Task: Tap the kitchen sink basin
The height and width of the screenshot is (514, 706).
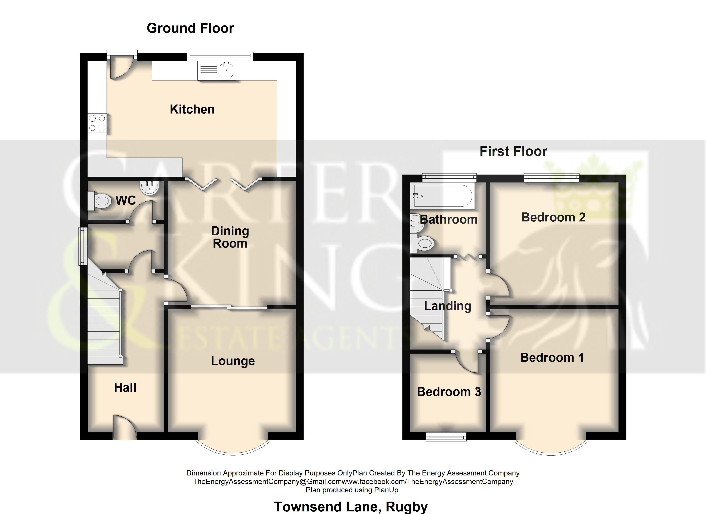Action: pos(226,70)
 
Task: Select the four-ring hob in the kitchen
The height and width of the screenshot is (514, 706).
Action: pos(97,123)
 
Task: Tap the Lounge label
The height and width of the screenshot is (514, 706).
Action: pos(233,361)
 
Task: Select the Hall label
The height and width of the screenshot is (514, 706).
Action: pos(125,387)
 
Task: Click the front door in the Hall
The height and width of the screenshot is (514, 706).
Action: pos(125,427)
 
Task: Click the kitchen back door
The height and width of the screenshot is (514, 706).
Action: pos(122,66)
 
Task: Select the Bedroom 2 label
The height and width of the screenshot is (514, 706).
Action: pos(553,217)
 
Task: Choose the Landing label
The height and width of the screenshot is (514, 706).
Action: pos(448,306)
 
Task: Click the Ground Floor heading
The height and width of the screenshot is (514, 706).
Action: pos(190,28)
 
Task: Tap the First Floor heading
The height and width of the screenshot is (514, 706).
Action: pos(513,151)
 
